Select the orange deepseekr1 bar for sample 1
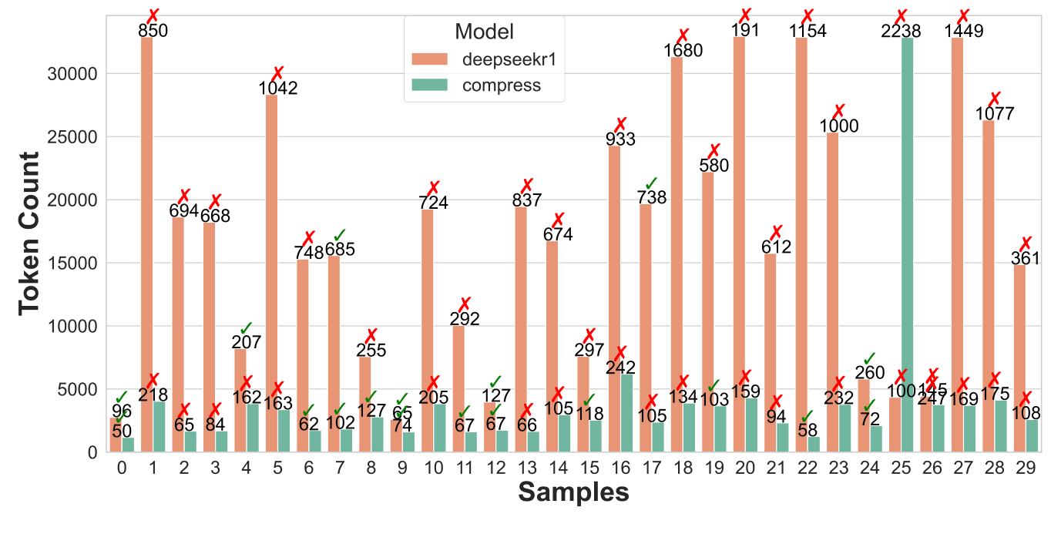pos(147,231)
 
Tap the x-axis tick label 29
pos(1026,468)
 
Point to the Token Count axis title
pos(29,233)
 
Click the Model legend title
pos(485,32)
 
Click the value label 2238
pos(901,30)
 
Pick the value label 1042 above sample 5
pos(277,88)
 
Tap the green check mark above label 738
pos(650,183)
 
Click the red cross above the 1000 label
pos(839,112)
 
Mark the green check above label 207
pos(247,329)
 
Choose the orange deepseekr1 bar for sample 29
pos(1020,362)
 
